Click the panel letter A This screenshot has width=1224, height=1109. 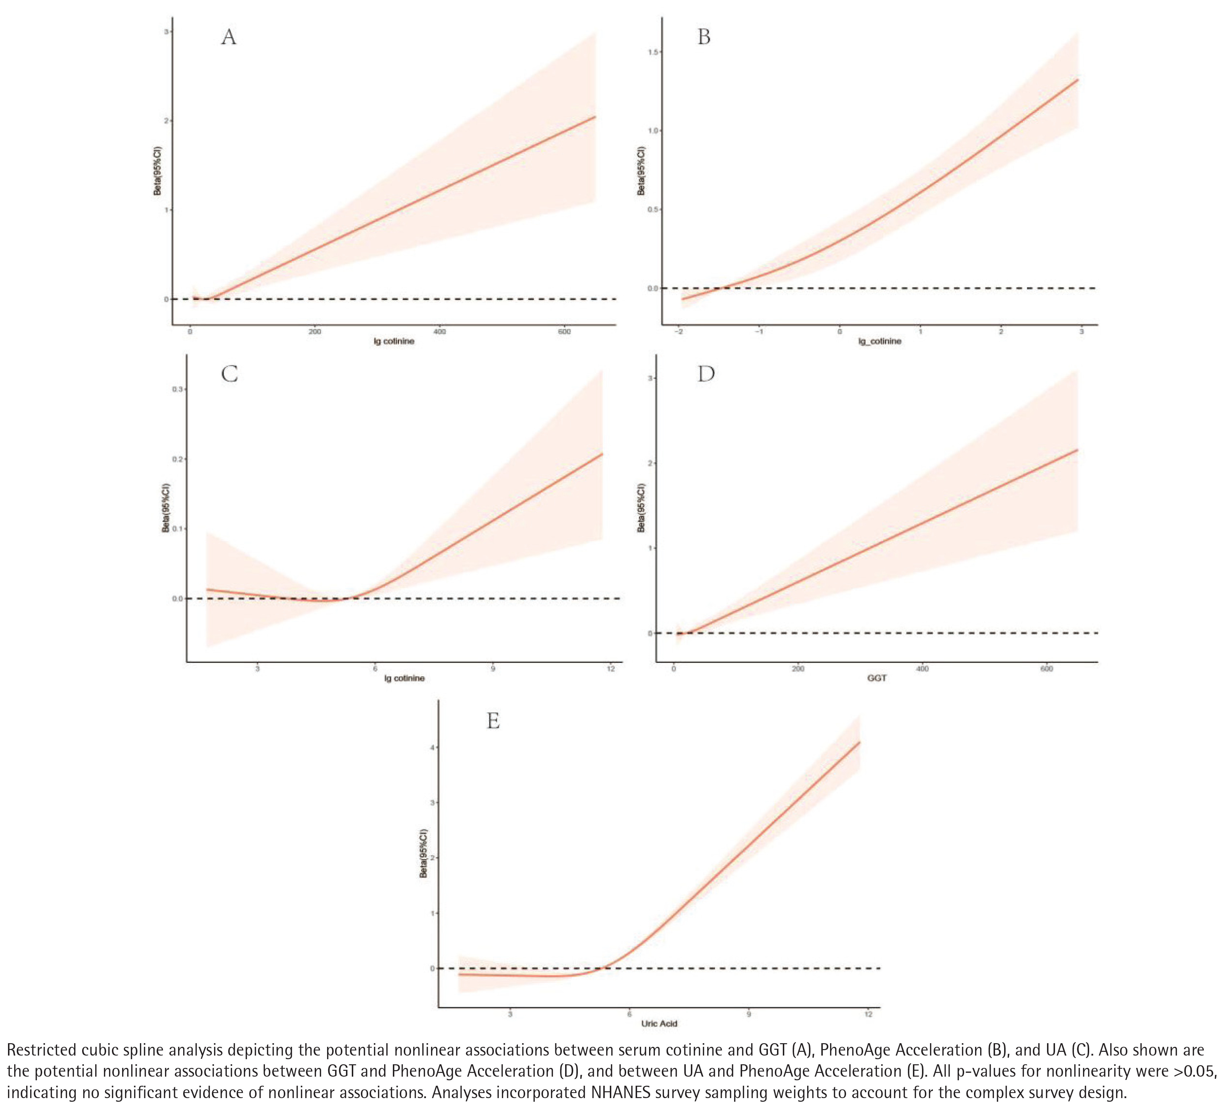[x=228, y=38]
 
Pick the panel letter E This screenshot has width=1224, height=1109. [x=493, y=721]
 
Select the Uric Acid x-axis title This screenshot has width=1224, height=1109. [x=659, y=1023]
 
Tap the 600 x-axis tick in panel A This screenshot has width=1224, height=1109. [x=564, y=332]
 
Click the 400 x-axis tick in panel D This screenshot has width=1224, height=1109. [x=922, y=669]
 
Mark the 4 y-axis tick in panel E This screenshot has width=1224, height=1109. [x=432, y=748]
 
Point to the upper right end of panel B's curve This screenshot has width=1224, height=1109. [x=1078, y=80]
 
